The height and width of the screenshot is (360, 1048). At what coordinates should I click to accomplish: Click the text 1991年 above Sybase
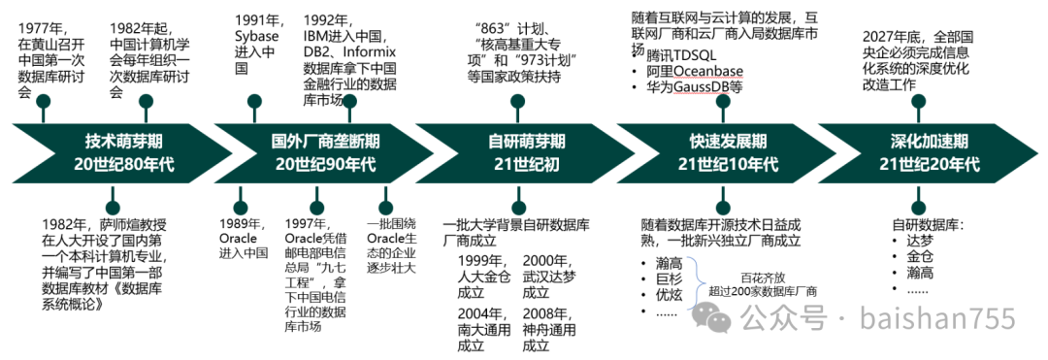click(x=258, y=18)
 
